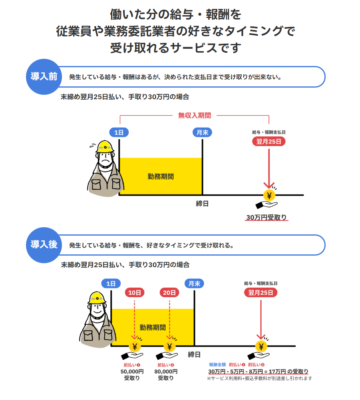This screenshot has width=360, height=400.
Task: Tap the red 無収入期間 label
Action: point(194,116)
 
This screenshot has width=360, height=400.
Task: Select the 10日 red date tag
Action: point(135,292)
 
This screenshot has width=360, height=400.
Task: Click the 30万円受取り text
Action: point(267,218)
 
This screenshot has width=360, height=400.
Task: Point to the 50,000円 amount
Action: point(132,372)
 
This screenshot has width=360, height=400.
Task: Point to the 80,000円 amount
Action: point(166,372)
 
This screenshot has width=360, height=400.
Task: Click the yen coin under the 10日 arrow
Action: point(135,346)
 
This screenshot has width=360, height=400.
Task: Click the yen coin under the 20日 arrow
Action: point(169,346)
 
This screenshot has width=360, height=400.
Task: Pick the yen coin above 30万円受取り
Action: point(269,196)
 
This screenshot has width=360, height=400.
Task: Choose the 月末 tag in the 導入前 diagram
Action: point(202,132)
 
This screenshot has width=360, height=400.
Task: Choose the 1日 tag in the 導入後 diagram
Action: point(111,284)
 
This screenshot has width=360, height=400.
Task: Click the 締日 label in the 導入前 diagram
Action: point(202,204)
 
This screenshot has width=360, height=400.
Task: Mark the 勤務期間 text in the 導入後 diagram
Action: point(153,328)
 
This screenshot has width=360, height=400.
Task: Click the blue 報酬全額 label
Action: point(217,364)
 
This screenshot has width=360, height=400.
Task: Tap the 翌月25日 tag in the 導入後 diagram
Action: point(261,292)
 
